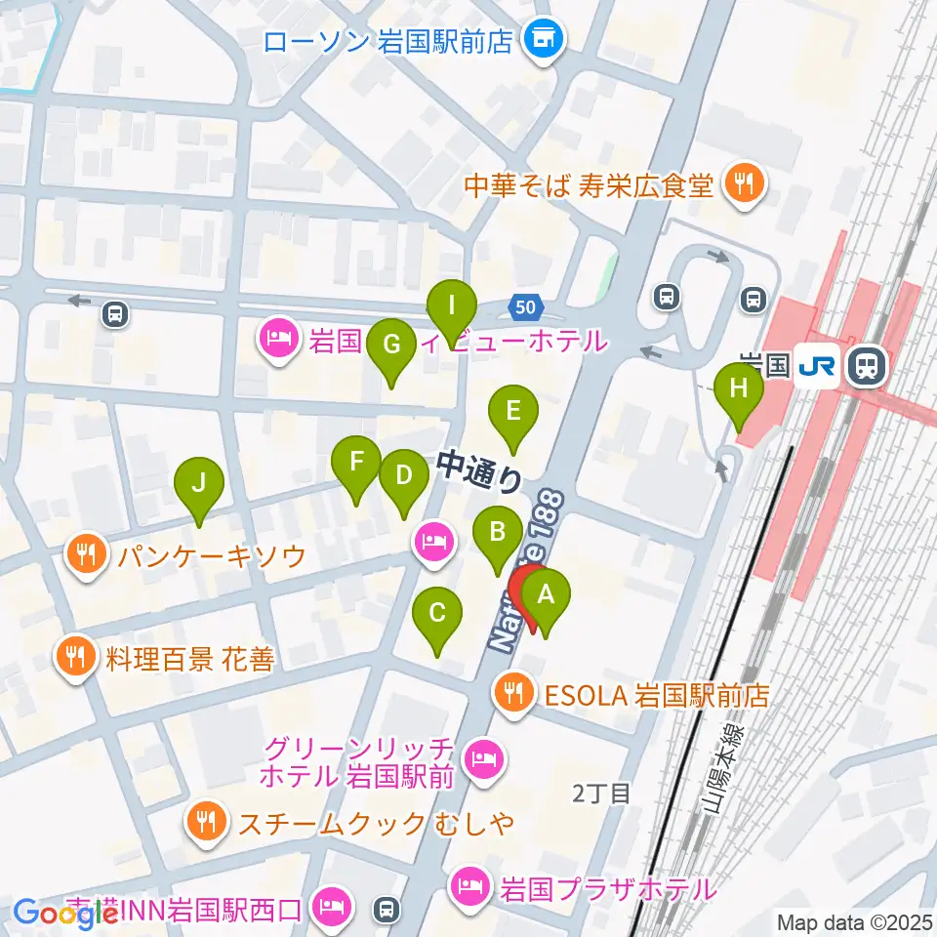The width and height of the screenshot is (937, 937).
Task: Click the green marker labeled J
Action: [199, 483]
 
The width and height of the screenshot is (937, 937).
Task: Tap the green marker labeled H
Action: [739, 388]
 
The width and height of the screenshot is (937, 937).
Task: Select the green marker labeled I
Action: [452, 305]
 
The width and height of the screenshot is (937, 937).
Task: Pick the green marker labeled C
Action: [437, 614]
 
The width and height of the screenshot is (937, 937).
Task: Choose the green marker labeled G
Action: [391, 345]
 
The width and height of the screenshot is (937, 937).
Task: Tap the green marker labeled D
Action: [404, 475]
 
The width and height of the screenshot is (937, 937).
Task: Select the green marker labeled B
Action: [497, 533]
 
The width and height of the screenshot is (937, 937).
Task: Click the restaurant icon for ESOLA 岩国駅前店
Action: [513, 695]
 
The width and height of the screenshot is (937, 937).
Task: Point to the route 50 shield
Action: [525, 307]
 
